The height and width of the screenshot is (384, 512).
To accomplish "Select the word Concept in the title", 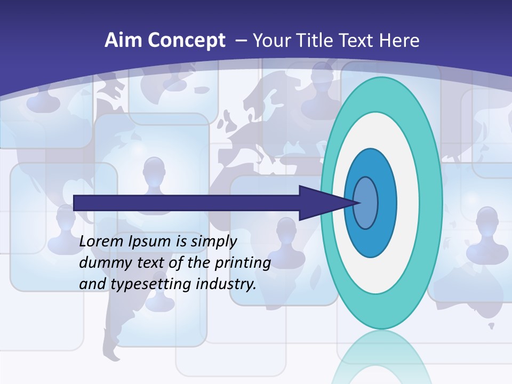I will pos(186,41).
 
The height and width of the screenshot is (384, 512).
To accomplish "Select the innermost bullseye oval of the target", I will pos(366,203).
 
